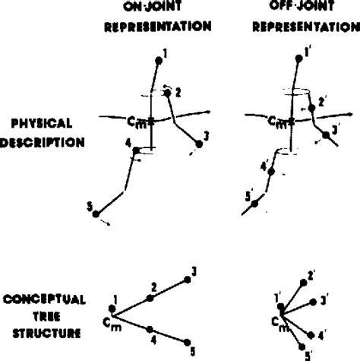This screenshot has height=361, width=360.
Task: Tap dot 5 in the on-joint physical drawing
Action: [x=95, y=214]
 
